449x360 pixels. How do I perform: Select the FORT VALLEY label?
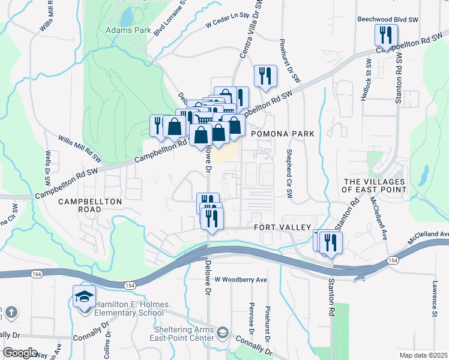(x=282, y=227)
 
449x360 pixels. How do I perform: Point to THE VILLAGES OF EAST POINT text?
(x=374, y=185)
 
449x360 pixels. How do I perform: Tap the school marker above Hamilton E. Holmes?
(x=84, y=298)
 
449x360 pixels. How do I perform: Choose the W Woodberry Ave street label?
(x=240, y=280)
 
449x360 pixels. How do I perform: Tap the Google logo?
(x=20, y=352)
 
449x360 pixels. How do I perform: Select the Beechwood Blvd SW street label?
(x=387, y=19)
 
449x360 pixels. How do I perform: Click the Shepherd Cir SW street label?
(x=289, y=173)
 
